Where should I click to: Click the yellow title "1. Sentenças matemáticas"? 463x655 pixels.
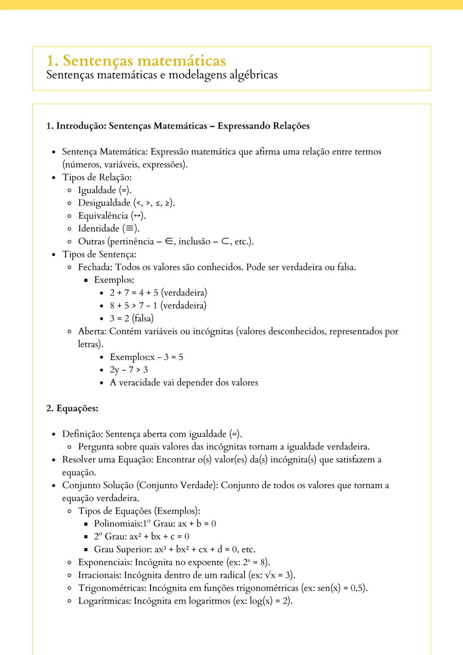136,60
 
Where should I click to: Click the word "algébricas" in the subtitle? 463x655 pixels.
253,75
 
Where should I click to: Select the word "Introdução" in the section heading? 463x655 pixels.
81,126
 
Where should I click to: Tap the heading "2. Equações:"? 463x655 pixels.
72,408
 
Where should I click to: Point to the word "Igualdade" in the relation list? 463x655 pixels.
97,190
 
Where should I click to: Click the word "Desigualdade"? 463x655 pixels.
104,203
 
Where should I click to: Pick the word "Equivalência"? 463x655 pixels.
103,216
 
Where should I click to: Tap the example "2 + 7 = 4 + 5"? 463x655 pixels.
134,293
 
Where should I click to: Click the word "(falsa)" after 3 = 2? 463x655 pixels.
143,318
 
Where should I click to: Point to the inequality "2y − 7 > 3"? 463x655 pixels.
129,370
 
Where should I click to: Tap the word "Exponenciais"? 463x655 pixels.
105,562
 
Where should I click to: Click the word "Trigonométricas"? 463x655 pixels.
112,588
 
